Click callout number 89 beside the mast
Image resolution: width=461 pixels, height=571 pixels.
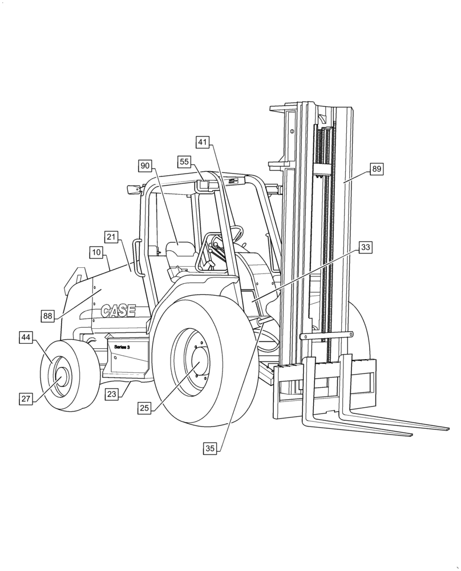click(377, 169)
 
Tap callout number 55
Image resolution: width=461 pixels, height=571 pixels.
click(184, 162)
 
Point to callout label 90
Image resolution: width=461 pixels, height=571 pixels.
click(145, 166)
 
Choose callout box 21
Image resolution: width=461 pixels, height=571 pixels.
click(111, 237)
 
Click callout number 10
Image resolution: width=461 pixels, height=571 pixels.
click(96, 252)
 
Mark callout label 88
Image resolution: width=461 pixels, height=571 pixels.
click(48, 315)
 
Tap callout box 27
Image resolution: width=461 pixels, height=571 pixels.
click(26, 399)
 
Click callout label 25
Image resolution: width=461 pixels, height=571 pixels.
click(144, 408)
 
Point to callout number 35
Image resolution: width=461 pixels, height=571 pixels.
click(210, 449)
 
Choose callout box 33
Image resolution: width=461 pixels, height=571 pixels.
click(366, 247)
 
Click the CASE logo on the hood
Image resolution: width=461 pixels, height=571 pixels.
click(118, 311)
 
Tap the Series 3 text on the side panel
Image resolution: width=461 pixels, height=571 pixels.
click(122, 347)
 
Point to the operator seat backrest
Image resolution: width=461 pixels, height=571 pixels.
click(180, 251)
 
